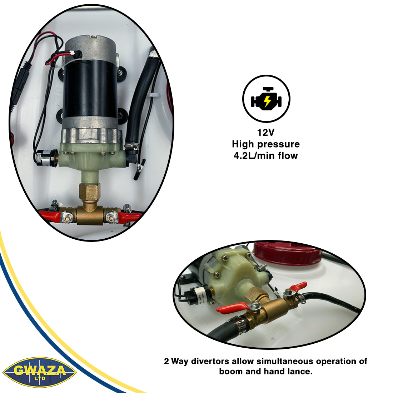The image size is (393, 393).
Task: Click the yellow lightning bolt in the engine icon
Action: pyautogui.click(x=267, y=101)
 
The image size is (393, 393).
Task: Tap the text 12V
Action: pyautogui.click(x=266, y=132)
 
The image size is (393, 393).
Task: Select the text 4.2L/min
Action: pyautogui.click(x=254, y=156)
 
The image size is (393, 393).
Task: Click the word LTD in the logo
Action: pyautogui.click(x=40, y=378)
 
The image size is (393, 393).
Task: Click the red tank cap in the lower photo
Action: pyautogui.click(x=287, y=253)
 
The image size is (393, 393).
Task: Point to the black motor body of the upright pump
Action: pyautogui.click(x=90, y=89)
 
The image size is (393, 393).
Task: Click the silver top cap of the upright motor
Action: pyautogui.click(x=90, y=48)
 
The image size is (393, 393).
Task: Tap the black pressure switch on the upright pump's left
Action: pyautogui.click(x=46, y=158)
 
